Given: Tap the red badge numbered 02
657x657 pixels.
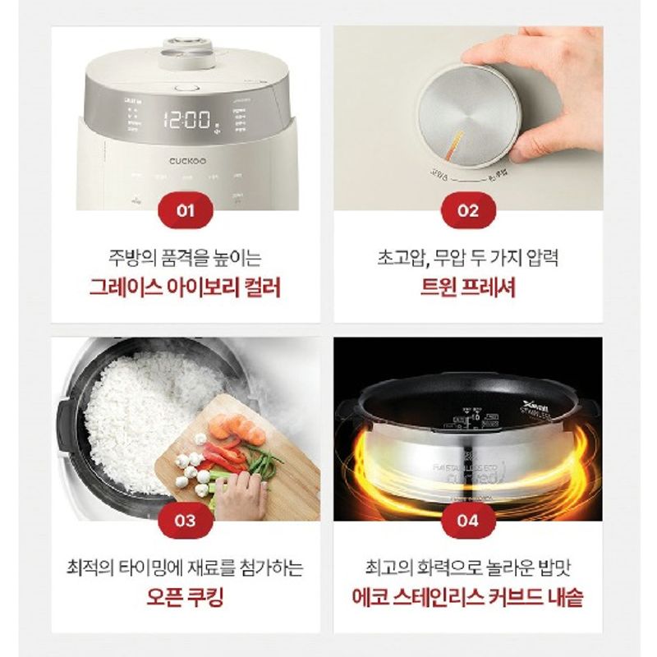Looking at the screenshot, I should click(467, 210).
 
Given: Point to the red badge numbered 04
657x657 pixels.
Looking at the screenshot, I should click(467, 520).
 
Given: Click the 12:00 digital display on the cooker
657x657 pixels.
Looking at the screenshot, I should click(186, 121).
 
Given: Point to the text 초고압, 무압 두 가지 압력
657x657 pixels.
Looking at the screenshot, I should click(467, 258).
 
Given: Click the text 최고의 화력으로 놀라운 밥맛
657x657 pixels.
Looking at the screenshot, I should click(467, 567).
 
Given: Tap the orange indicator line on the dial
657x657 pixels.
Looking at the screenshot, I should click(453, 145).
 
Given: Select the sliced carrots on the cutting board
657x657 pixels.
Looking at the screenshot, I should click(237, 428).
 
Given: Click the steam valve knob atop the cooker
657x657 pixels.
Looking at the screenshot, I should click(187, 50).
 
